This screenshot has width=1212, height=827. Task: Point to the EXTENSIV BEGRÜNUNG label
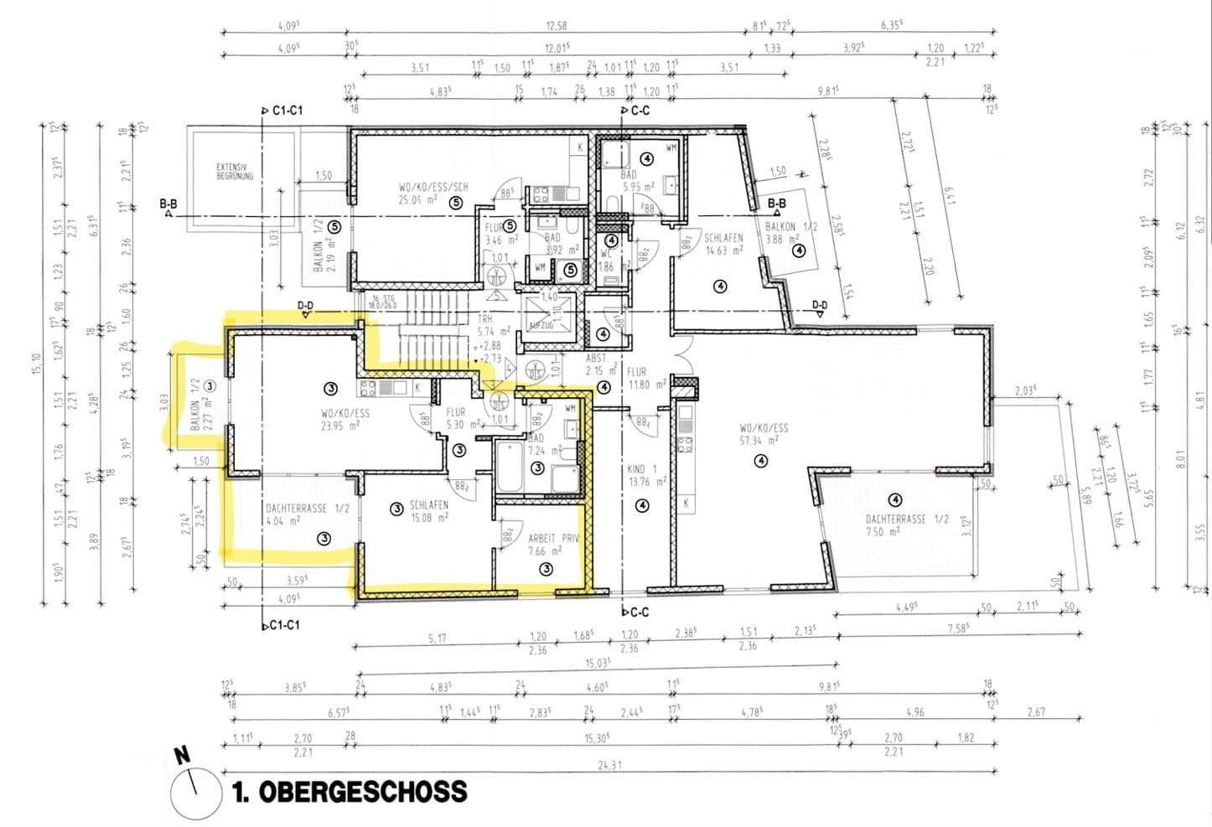pos(234,173)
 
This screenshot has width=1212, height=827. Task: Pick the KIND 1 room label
pos(642,469)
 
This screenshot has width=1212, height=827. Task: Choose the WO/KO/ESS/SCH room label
pos(433,187)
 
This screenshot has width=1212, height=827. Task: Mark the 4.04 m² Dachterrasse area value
pos(283,520)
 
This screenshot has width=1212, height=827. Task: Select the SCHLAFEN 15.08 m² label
pos(428,506)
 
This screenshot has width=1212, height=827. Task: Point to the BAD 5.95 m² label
pos(637,181)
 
